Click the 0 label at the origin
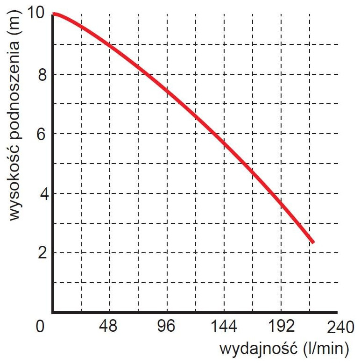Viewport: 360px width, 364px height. [41, 327]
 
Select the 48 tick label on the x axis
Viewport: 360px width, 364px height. [110, 327]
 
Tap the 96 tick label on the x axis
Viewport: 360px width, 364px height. [167, 327]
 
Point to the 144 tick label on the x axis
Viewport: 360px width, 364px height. [224, 327]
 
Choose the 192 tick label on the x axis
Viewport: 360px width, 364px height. [281, 327]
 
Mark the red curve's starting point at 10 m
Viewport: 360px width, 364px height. [54, 14]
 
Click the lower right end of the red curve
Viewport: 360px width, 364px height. [313, 242]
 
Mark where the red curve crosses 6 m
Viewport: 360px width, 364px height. [215, 134]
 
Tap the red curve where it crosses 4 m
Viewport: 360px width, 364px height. [272, 193]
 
